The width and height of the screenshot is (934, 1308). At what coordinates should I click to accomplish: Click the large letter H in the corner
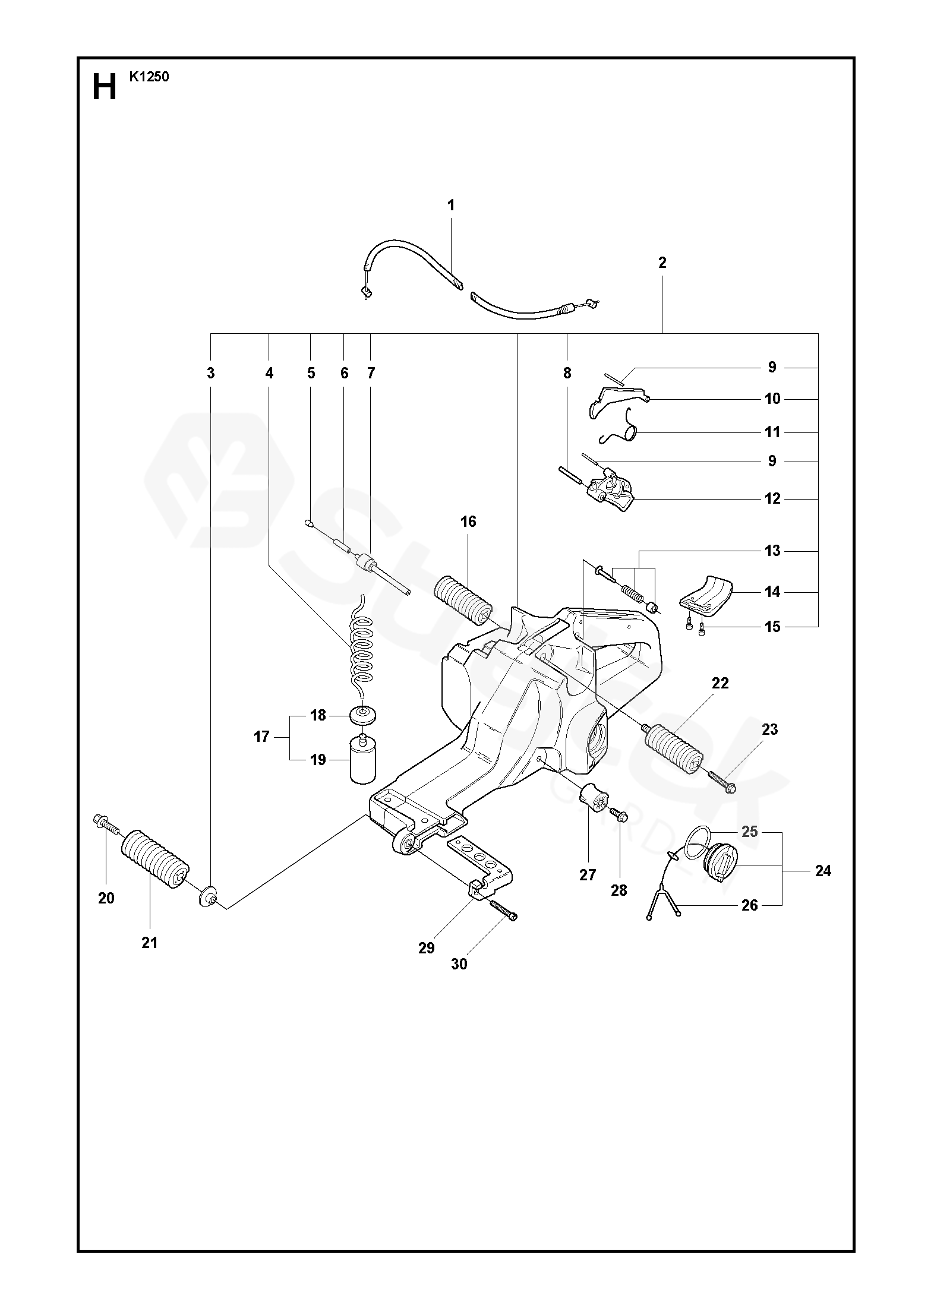pyautogui.click(x=105, y=88)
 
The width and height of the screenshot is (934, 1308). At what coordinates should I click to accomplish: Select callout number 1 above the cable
pyautogui.click(x=451, y=206)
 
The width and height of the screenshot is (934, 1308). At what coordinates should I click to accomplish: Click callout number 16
pyautogui.click(x=468, y=522)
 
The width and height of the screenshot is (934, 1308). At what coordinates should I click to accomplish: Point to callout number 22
pyautogui.click(x=720, y=683)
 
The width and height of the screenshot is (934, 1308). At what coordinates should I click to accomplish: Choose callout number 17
pyautogui.click(x=261, y=737)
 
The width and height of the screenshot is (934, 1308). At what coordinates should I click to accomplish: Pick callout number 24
pyautogui.click(x=823, y=871)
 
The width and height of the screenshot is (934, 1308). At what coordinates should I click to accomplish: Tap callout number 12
pyautogui.click(x=772, y=499)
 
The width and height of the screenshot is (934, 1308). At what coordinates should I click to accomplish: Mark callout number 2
pyautogui.click(x=662, y=263)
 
